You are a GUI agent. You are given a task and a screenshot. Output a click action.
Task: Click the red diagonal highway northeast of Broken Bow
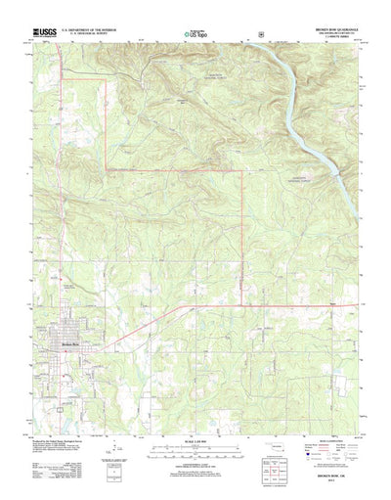[x=137, y=324]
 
